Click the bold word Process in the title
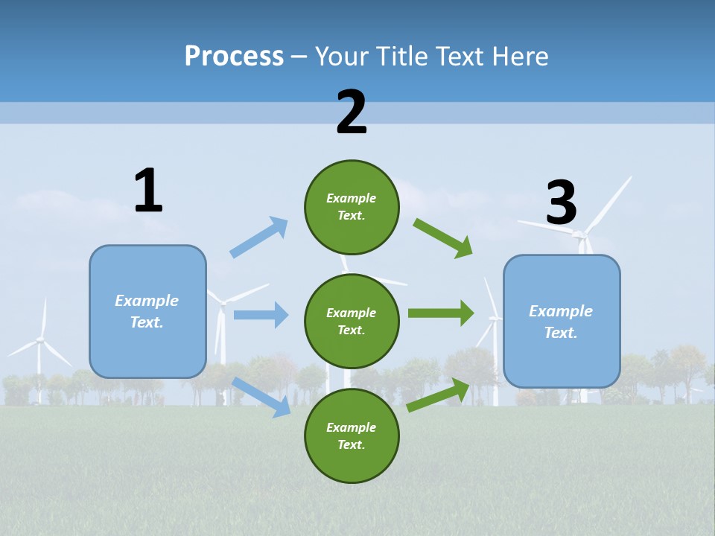[x=234, y=56]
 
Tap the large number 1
[x=148, y=191]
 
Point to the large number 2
[x=352, y=112]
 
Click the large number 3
[x=561, y=202]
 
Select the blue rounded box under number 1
[x=147, y=311]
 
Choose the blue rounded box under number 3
[x=562, y=322]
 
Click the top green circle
[x=352, y=207]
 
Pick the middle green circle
[x=352, y=321]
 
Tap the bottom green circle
[x=352, y=435]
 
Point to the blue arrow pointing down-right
[x=261, y=396]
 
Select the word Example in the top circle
[x=352, y=198]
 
